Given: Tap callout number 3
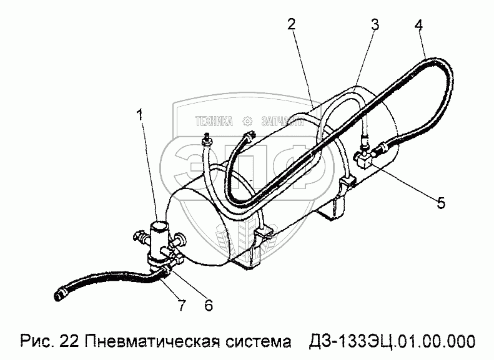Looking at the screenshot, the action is tap(375, 26).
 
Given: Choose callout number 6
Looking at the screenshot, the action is tap(209, 305).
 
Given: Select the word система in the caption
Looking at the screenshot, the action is tap(257, 341).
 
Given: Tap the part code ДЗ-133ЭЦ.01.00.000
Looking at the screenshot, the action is tap(392, 341).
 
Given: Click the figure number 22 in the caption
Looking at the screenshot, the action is tap(69, 341).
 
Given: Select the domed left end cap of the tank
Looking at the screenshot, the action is tap(187, 225).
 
